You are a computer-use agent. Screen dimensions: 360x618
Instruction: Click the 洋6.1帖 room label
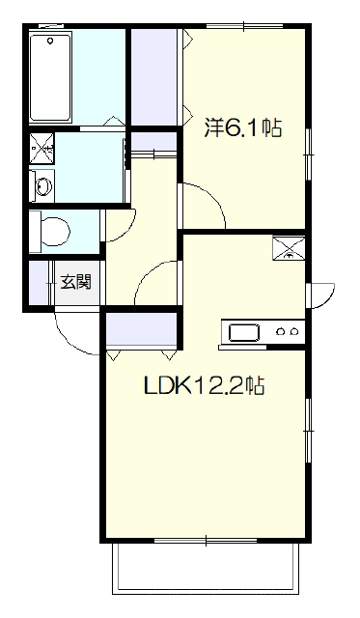tap(242, 127)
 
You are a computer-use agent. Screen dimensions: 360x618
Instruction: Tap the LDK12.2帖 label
tap(204, 386)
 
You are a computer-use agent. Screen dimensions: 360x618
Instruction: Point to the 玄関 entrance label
tap(75, 282)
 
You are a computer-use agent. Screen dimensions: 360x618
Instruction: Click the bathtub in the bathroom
tap(50, 78)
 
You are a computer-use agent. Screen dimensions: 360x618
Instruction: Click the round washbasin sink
tap(43, 185)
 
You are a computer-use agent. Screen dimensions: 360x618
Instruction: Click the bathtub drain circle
tap(50, 41)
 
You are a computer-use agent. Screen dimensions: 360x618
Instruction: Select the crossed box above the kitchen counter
tap(289, 248)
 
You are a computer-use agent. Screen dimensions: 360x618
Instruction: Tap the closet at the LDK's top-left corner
tap(141, 328)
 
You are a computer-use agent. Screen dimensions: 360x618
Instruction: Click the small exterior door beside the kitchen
tap(323, 295)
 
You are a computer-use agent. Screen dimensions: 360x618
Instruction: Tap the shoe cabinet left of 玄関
tap(40, 283)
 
